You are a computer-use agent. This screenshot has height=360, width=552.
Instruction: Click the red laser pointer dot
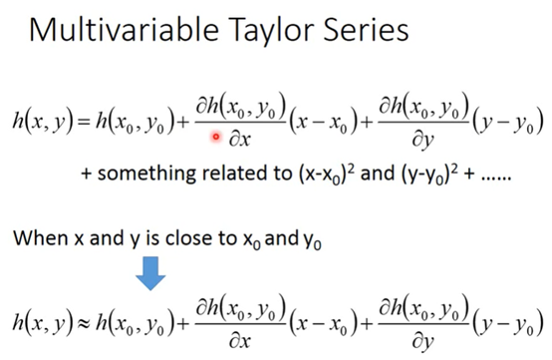(216, 137)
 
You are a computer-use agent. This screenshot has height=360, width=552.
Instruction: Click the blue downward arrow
(150, 273)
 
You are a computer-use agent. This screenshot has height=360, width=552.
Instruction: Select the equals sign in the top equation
(85, 123)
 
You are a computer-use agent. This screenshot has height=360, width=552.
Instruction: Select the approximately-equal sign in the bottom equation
(85, 322)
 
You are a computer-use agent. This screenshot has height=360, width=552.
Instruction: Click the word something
(146, 175)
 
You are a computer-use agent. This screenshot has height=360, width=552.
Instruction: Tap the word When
(41, 237)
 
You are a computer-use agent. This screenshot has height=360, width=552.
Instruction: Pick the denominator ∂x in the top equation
(240, 140)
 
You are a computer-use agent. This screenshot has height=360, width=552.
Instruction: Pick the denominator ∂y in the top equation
(422, 141)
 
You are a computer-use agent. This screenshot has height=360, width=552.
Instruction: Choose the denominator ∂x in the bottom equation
(240, 341)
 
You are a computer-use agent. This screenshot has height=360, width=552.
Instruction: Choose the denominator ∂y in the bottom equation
(422, 342)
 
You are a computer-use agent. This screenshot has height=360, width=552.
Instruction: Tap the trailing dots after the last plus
(496, 179)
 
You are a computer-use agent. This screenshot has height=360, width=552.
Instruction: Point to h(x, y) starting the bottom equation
(43, 322)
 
